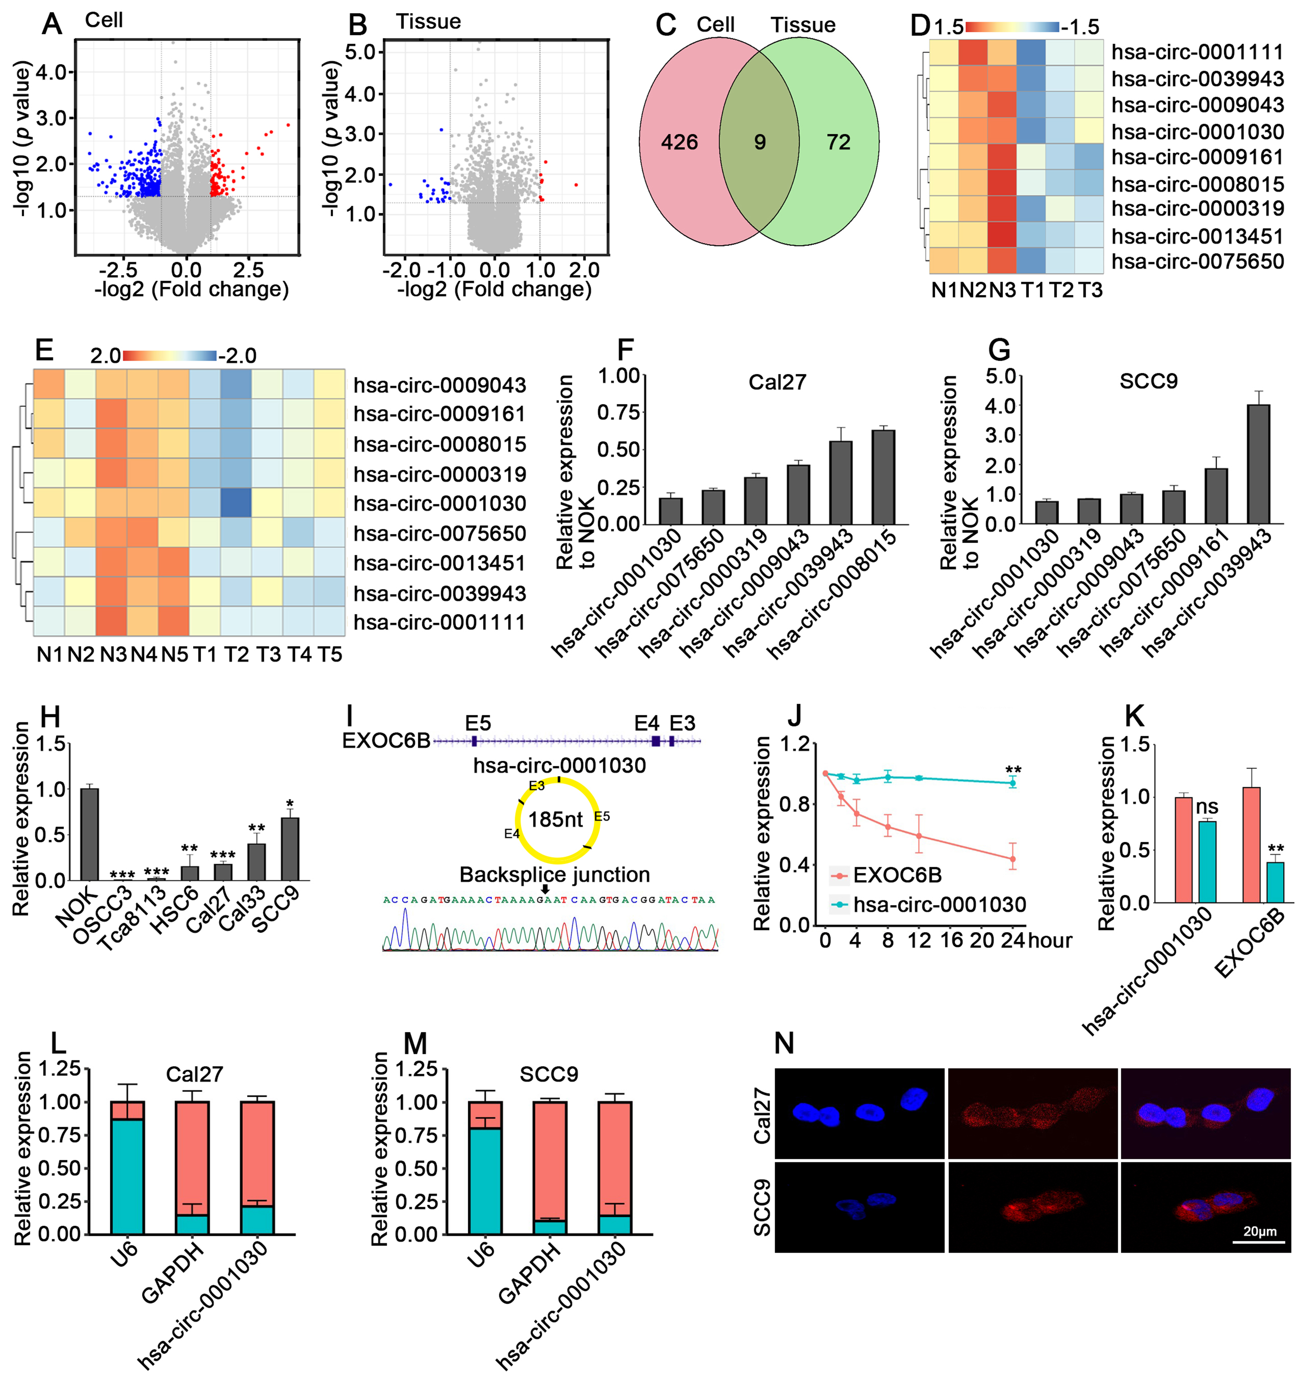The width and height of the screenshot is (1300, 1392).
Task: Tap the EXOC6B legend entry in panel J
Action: click(x=886, y=875)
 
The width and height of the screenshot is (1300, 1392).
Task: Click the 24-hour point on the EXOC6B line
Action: click(x=1012, y=859)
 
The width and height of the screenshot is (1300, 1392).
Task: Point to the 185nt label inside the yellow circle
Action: click(x=555, y=819)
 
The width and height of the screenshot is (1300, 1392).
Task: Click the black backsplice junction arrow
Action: click(x=546, y=889)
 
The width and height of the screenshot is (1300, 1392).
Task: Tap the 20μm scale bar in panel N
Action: click(x=1259, y=1241)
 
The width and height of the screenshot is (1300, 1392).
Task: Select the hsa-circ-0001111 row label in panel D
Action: click(x=1197, y=53)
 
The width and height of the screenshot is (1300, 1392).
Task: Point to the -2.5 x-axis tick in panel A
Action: click(x=118, y=270)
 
